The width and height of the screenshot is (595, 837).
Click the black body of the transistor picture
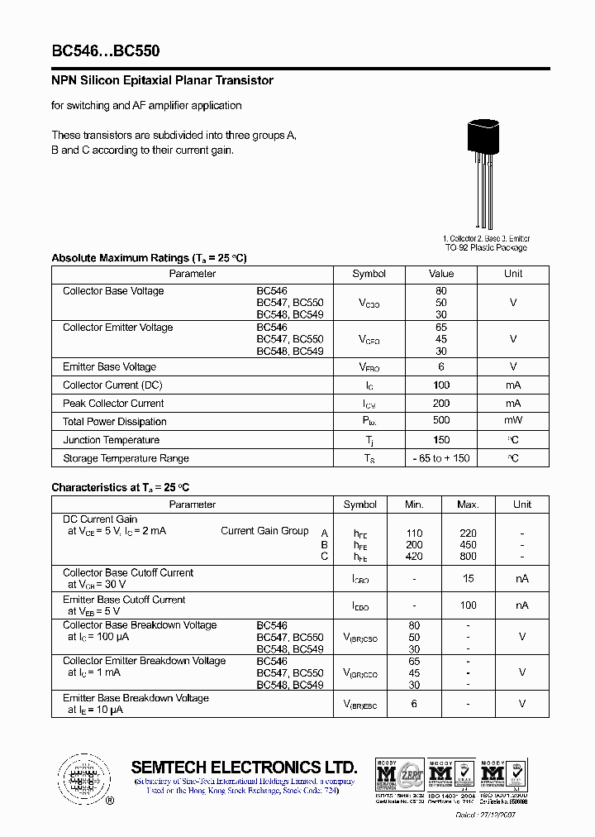484,137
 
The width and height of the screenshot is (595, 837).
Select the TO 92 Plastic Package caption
486,247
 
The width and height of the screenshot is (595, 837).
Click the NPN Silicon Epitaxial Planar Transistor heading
162,81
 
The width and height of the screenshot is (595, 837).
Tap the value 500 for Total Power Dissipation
441,422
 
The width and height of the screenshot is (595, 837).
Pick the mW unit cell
513,422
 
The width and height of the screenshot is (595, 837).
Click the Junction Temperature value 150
441,440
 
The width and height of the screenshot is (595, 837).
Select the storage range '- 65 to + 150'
441,458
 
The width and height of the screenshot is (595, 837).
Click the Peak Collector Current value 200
441,404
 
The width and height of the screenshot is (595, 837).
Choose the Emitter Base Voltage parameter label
109,367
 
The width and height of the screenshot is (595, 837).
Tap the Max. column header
468,505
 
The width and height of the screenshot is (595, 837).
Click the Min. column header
414,505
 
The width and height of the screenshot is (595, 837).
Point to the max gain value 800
468,557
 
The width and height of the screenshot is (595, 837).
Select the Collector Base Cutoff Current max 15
468,579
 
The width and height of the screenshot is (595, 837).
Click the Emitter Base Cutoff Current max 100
468,606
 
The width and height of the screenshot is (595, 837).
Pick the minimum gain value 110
414,533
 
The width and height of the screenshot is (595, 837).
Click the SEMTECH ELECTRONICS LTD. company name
244,768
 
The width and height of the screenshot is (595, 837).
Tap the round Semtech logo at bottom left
83,777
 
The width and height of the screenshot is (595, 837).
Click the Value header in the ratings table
441,274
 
